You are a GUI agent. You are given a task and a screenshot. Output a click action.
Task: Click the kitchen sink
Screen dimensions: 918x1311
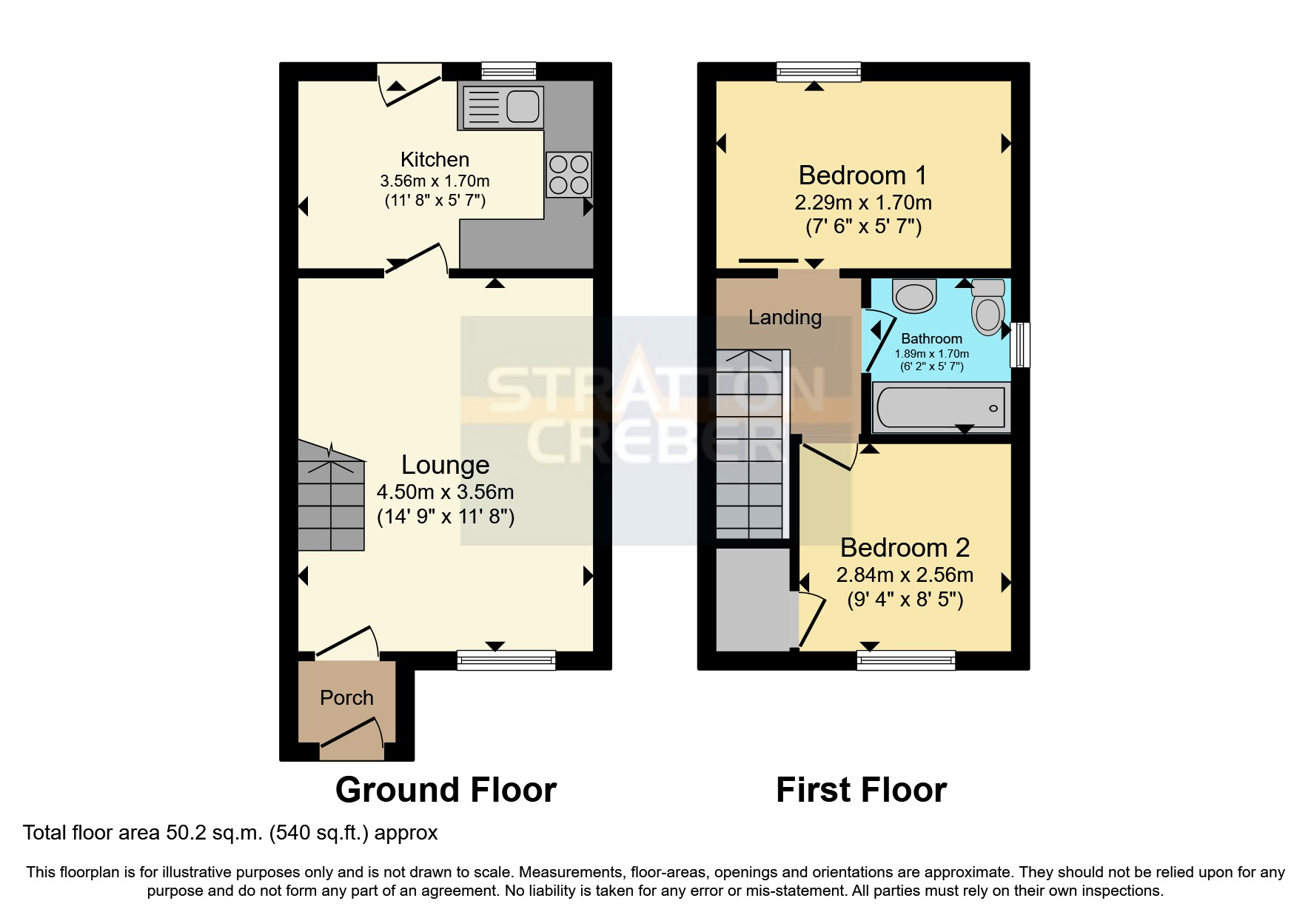502,107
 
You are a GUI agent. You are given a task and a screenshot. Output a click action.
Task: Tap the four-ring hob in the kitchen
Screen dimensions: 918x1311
569,175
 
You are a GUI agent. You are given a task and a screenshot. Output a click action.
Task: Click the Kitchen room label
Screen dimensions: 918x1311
435,160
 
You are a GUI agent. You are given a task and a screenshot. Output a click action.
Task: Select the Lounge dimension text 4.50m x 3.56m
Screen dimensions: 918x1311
445,492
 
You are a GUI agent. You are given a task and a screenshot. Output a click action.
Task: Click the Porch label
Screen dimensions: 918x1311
346,698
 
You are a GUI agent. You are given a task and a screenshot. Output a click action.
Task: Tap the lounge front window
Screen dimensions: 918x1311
506,660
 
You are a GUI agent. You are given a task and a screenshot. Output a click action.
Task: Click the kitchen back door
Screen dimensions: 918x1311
409,86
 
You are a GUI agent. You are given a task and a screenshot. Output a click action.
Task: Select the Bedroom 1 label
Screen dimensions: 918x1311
862,176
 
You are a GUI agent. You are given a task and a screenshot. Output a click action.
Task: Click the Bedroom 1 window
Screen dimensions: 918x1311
819,71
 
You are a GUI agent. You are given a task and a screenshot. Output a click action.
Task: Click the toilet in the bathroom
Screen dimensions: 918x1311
988,307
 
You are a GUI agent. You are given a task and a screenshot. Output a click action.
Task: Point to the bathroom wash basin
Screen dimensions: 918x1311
915,296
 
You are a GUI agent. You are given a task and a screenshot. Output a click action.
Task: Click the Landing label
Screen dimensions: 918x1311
785,318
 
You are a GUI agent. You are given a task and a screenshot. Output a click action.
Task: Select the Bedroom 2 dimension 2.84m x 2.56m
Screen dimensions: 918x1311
905,575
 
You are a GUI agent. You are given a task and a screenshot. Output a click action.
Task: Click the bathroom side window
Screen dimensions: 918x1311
1020,344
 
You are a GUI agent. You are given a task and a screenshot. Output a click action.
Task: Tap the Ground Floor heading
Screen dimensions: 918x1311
446,791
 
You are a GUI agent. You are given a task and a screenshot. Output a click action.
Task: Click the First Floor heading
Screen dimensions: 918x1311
861,791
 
